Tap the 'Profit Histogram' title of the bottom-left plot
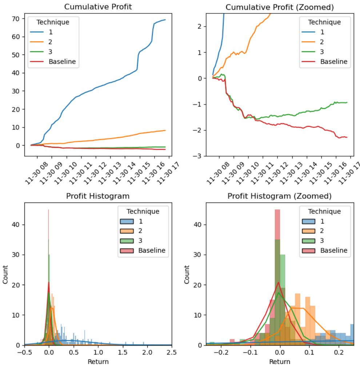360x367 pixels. pos(97,196)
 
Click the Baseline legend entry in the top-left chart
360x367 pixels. pos(62,62)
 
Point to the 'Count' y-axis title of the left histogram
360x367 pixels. pos(5,274)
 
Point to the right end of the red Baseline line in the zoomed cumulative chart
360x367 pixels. pos(347,137)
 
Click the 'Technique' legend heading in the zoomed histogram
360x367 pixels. pos(324,211)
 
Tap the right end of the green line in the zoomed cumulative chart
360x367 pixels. pos(347,102)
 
